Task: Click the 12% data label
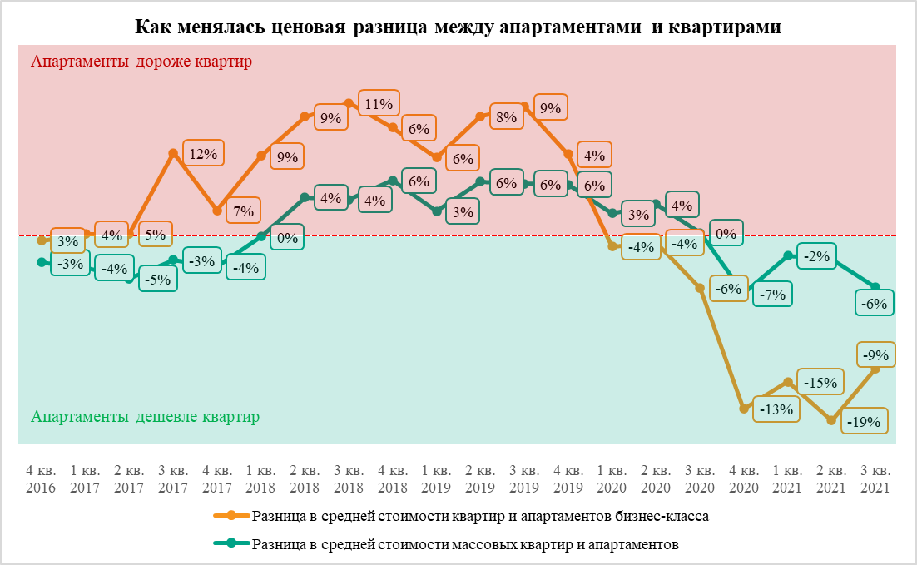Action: [202, 154]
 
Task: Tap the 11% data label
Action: [379, 104]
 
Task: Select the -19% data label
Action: [863, 422]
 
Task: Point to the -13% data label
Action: [776, 409]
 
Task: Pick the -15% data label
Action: [819, 383]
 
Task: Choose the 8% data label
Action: [504, 117]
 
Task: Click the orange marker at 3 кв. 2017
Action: [173, 153]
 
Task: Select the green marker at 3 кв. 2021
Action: [875, 288]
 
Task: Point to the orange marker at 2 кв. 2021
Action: [831, 421]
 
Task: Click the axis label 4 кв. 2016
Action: [41, 481]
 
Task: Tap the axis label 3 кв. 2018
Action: [349, 481]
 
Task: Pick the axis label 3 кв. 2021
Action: [875, 481]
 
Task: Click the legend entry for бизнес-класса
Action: [480, 517]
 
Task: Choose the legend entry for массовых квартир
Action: [466, 545]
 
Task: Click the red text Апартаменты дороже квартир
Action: [141, 62]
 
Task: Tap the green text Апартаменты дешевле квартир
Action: [145, 416]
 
